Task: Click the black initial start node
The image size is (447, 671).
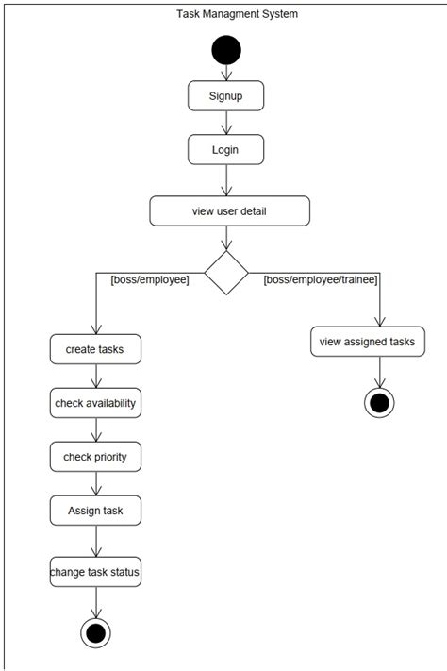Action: tap(226, 49)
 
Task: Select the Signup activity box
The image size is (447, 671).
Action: tap(225, 96)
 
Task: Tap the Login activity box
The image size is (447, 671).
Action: tap(225, 150)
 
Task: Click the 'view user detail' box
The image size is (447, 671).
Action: tap(229, 210)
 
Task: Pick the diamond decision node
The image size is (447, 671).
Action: tap(226, 273)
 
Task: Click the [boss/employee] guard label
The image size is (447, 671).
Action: tap(150, 280)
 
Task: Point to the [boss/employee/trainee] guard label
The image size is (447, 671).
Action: tap(321, 280)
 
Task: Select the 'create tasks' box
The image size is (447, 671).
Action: tap(96, 349)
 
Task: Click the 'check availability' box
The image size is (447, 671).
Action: tap(95, 403)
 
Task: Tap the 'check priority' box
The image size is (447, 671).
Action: tap(95, 457)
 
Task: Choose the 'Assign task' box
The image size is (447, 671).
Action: tap(95, 511)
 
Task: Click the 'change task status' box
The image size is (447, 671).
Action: tap(95, 571)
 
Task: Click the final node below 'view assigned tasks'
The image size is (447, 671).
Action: tap(379, 402)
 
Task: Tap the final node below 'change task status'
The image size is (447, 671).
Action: tap(95, 632)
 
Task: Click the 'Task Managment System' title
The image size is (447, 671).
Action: tap(224, 14)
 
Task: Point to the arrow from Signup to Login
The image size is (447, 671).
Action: tap(226, 123)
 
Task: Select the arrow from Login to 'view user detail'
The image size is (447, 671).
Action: tap(226, 179)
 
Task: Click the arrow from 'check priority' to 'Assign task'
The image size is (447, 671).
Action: tap(95, 483)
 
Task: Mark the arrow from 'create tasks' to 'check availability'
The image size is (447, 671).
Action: tap(95, 376)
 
